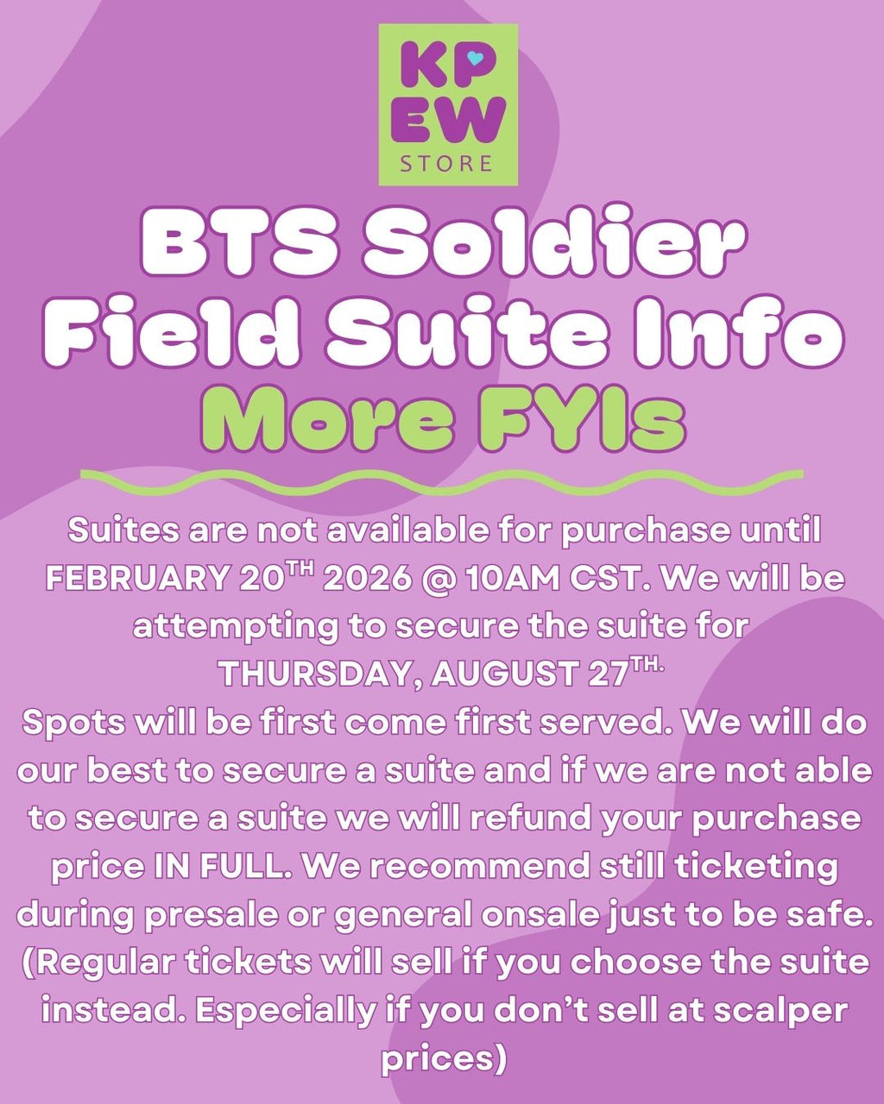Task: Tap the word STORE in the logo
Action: pyautogui.click(x=447, y=163)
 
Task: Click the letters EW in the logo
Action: pyautogui.click(x=447, y=120)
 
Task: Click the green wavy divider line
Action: pyautogui.click(x=441, y=481)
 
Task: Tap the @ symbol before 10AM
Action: pyautogui.click(x=438, y=579)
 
